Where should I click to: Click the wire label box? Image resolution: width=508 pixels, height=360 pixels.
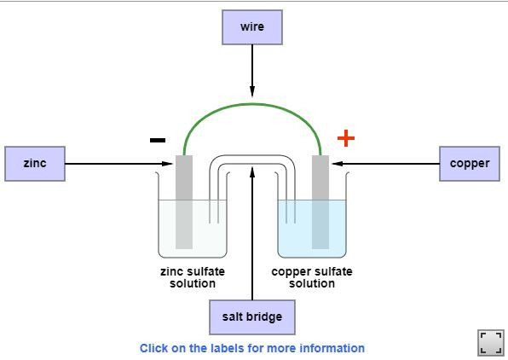tap(252, 27)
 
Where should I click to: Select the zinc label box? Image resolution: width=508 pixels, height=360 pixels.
tap(35, 164)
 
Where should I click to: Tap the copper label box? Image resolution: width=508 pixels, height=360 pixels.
tap(470, 164)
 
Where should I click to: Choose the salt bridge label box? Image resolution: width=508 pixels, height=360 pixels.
tap(252, 317)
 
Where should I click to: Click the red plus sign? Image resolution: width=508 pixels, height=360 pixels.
tap(346, 138)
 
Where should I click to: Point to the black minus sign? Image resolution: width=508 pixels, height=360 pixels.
tap(158, 140)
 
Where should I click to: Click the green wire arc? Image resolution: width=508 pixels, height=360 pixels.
tap(252, 104)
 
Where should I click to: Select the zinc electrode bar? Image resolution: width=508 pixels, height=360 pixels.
tap(184, 202)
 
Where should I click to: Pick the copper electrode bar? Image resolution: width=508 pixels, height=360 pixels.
tap(320, 202)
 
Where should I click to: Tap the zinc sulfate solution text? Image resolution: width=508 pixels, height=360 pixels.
tap(193, 277)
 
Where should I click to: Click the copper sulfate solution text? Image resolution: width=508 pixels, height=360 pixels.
tap(312, 277)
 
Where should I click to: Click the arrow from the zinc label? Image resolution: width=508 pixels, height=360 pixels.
tap(118, 164)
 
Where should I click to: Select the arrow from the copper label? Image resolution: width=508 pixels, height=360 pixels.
tap(385, 164)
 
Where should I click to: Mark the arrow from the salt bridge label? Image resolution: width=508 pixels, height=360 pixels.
tap(252, 233)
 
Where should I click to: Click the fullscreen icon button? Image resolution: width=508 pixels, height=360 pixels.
tap(490, 342)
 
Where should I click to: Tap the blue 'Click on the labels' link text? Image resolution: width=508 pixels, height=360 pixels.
tap(252, 348)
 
